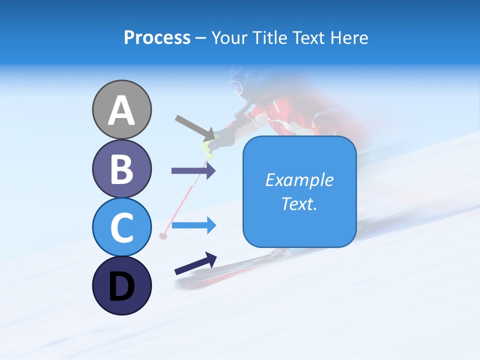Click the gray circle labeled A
click(121, 109)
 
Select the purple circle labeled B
click(121, 168)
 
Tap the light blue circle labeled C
click(121, 227)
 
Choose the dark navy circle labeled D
click(121, 285)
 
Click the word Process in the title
click(157, 38)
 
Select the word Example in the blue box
click(299, 180)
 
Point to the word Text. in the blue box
click(299, 203)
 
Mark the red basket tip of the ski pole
click(162, 235)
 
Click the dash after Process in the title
click(200, 38)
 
